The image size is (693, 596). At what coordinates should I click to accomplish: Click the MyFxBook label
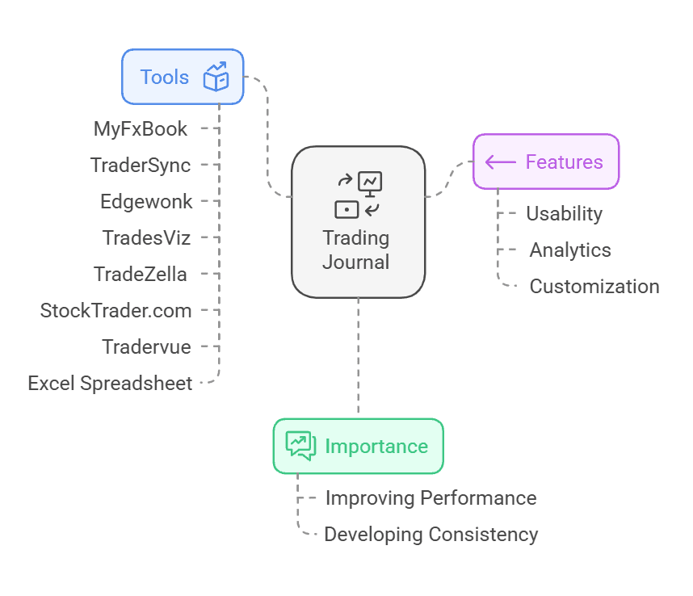141,129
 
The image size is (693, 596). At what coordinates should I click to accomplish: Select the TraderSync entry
141,166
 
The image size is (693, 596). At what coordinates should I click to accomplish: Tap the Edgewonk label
146,201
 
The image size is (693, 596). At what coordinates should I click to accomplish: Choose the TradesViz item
146,237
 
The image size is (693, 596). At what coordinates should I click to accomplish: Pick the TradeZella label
141,274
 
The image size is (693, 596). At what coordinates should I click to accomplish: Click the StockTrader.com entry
115,310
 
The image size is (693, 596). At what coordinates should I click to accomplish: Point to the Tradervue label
146,346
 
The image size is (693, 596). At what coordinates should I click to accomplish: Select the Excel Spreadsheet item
110,383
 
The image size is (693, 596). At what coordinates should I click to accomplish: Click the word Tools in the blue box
165,78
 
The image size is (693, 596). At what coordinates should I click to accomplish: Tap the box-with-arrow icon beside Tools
216,77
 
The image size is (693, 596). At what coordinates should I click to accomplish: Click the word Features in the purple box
564,162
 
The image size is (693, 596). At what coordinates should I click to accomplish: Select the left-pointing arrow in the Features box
501,162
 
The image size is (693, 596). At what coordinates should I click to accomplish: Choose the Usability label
564,214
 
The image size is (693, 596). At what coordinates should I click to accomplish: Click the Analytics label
570,250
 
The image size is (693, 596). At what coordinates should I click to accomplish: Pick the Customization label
594,287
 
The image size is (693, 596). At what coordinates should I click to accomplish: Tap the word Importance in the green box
376,447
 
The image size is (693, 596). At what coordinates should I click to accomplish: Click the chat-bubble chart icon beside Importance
300,446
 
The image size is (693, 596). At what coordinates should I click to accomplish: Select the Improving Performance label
430,498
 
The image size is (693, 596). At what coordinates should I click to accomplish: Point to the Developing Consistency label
430,535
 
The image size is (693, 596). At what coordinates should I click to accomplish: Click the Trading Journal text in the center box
356,250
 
